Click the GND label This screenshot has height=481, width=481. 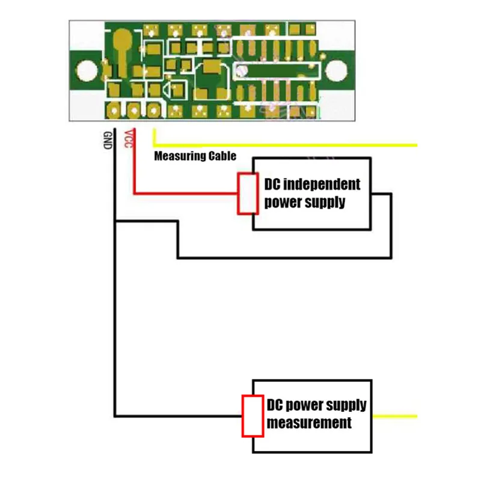pyautogui.click(x=108, y=140)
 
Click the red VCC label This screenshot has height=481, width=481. pyautogui.click(x=129, y=139)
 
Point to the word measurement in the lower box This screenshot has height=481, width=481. pyautogui.click(x=309, y=423)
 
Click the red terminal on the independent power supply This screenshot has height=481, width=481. pyautogui.click(x=247, y=194)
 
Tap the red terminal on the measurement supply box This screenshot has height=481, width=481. pyautogui.click(x=253, y=416)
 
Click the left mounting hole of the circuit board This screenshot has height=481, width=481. pyautogui.click(x=87, y=70)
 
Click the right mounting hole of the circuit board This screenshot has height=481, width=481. pyautogui.click(x=336, y=70)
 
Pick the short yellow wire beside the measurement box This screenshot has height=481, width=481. pyautogui.click(x=395, y=416)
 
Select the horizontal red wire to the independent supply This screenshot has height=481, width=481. pyautogui.click(x=186, y=194)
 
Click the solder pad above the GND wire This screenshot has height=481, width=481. pyautogui.click(x=114, y=111)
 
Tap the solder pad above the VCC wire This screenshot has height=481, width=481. pyautogui.click(x=133, y=111)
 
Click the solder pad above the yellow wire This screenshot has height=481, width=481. pyautogui.click(x=153, y=111)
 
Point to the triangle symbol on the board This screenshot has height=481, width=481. pyautogui.click(x=167, y=91)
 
